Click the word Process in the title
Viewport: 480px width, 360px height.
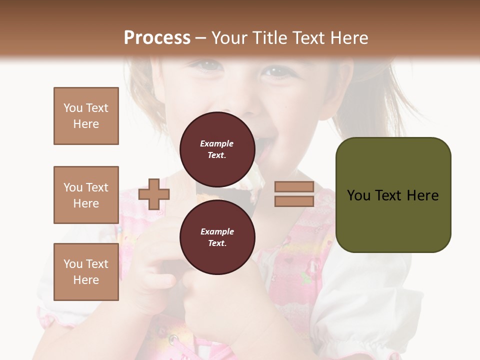157,38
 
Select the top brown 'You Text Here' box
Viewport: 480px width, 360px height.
86,116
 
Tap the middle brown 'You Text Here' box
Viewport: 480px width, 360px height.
86,195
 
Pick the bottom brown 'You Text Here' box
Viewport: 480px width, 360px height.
86,272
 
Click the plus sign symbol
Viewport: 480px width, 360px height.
153,194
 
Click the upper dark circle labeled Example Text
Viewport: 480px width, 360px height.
217,149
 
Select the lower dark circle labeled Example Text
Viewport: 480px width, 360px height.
217,237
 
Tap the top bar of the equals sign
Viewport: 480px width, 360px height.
294,187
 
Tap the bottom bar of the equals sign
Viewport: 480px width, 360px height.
294,201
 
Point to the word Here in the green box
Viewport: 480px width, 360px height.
422,195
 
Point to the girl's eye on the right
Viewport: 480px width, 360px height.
276,71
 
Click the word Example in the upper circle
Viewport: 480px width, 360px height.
216,143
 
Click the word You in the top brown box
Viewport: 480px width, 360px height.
72,108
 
